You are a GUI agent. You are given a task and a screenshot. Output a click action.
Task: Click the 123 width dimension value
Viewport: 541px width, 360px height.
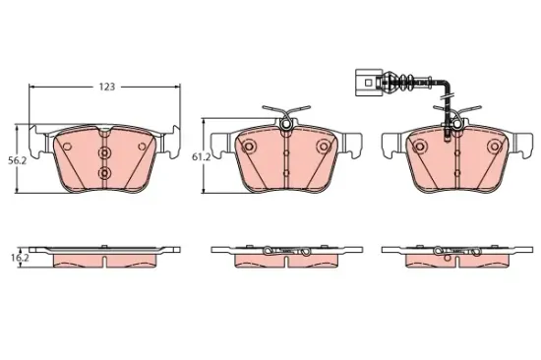(106, 87)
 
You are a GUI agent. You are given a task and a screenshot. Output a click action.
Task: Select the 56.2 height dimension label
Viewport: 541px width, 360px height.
(18, 160)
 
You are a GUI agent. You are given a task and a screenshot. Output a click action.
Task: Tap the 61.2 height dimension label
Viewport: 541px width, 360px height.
(201, 157)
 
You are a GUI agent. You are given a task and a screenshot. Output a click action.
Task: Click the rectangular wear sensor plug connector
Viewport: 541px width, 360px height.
(369, 83)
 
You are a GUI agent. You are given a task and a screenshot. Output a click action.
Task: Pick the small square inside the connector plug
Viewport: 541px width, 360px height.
(368, 83)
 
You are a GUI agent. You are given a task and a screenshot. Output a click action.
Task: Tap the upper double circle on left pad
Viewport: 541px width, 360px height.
(104, 152)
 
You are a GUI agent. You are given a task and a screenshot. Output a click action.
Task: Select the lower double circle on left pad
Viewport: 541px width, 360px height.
(104, 172)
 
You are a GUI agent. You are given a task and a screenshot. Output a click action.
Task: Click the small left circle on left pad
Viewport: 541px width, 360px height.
(67, 147)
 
